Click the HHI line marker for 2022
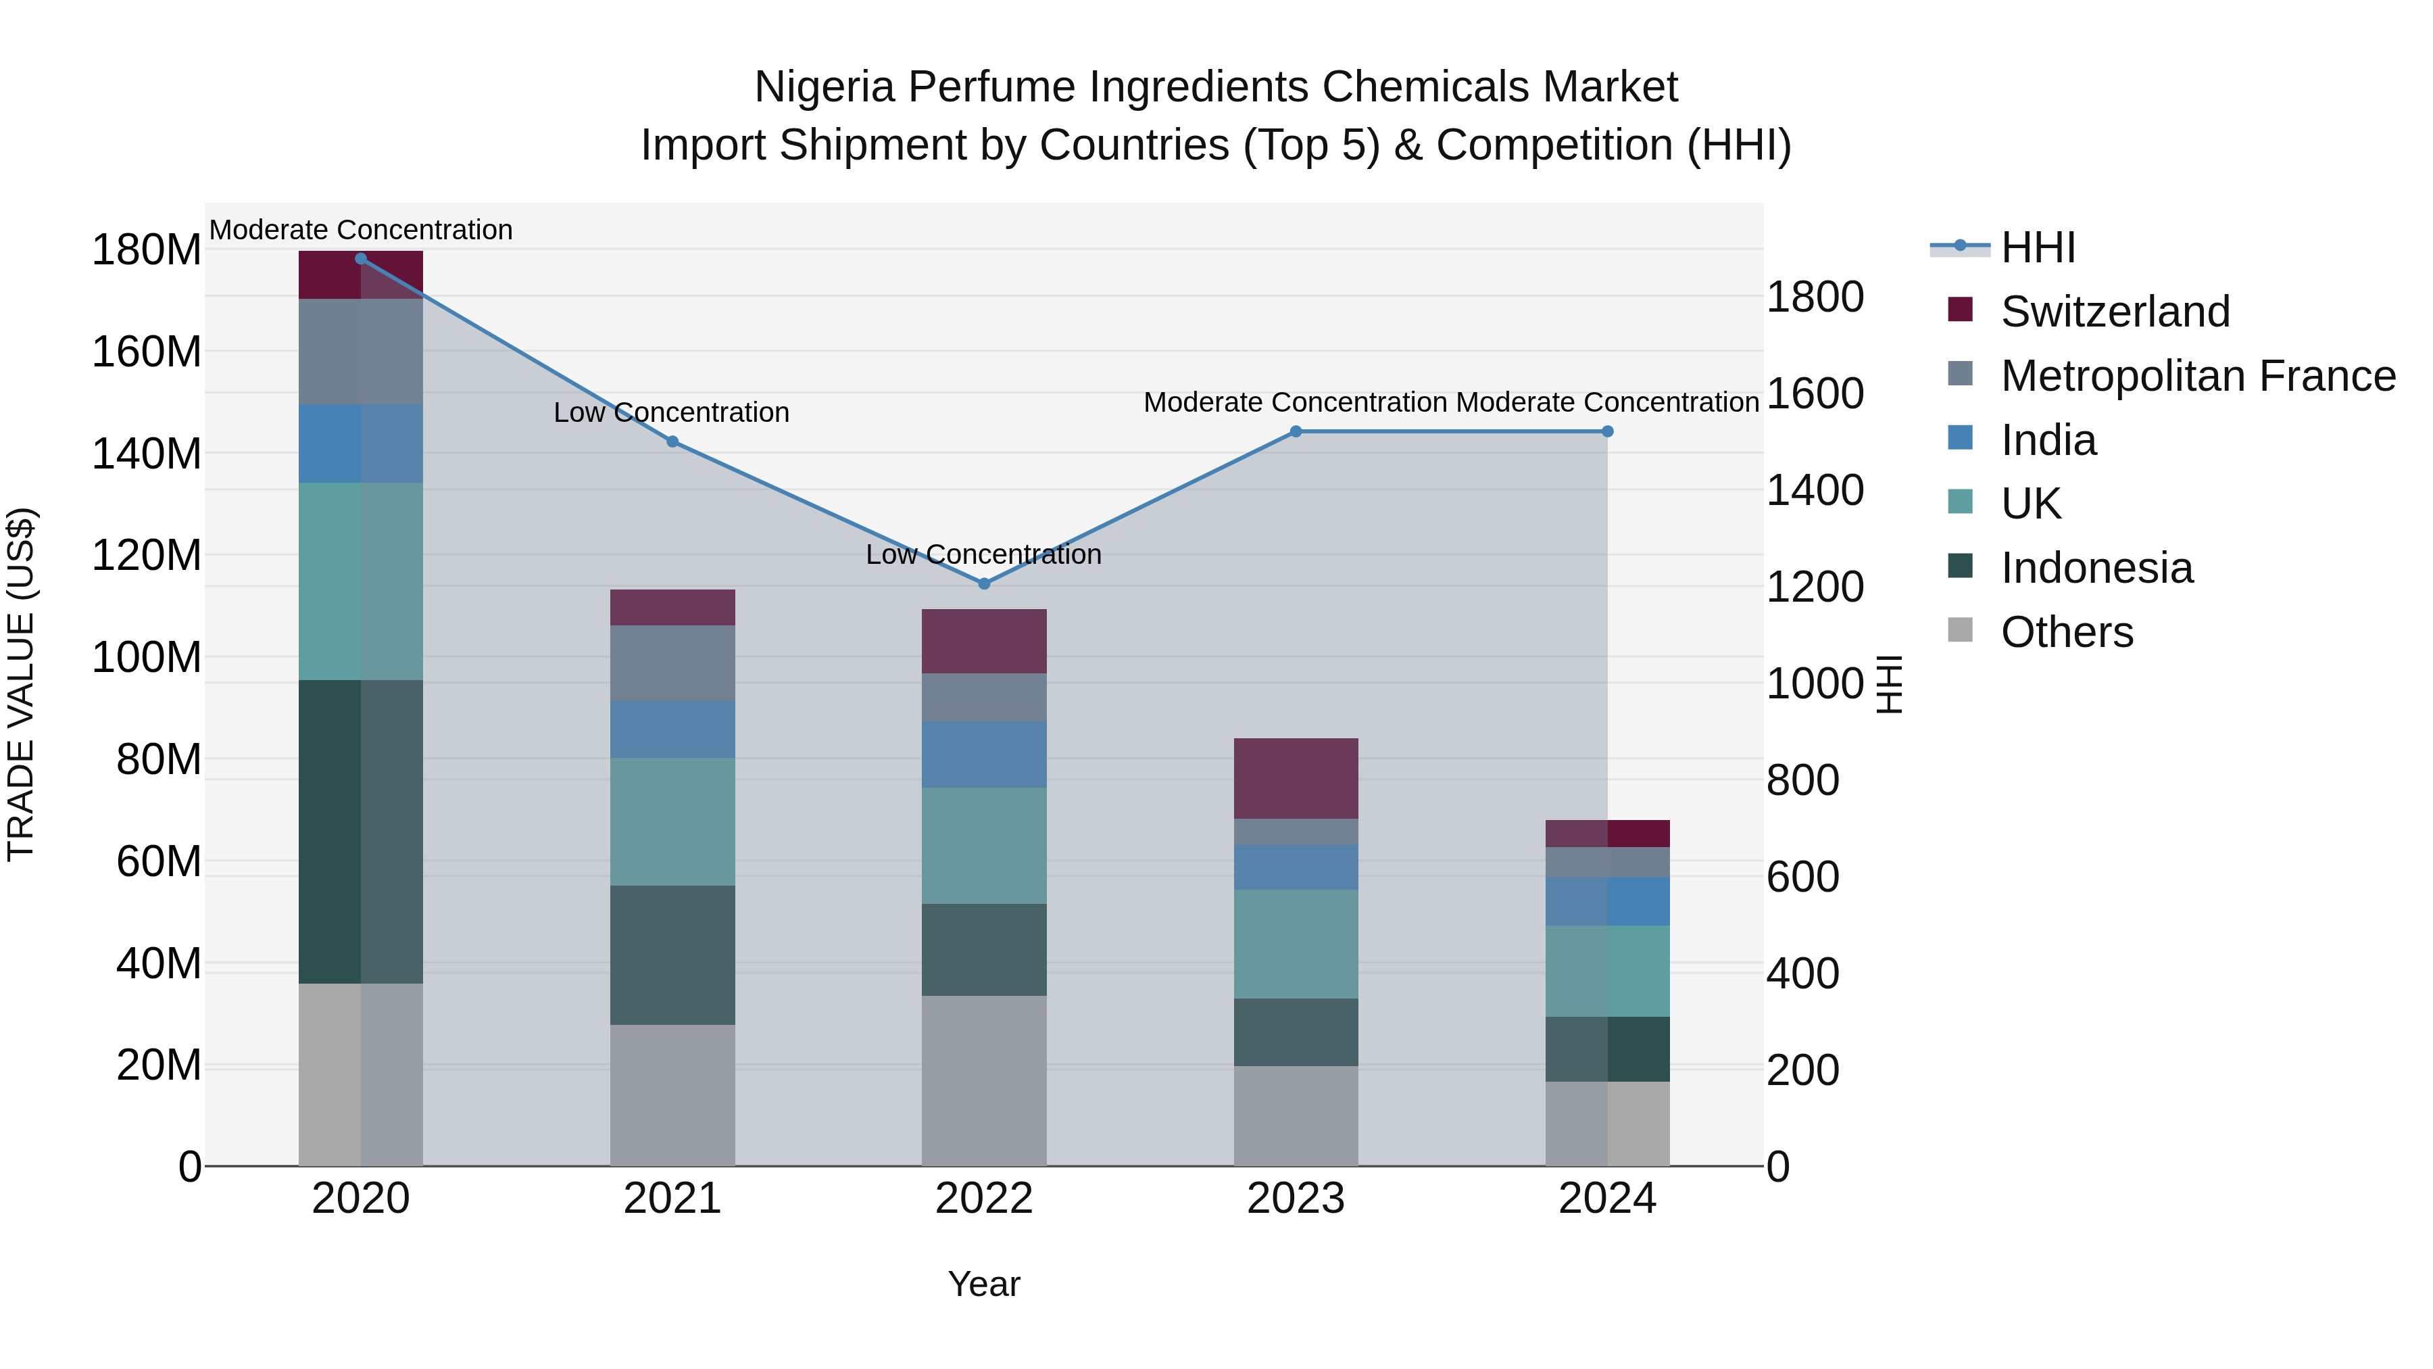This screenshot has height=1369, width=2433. pos(983,584)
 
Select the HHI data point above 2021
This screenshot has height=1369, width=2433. pos(672,441)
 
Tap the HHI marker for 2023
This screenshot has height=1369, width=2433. pos(1296,432)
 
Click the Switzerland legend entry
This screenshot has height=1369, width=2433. pos(2115,312)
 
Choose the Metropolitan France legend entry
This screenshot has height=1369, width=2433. pos(2198,376)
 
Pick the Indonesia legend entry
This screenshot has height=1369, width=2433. pos(2096,568)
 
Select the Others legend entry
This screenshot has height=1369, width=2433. pos(2067,632)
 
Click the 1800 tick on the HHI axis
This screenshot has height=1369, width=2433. pos(1815,297)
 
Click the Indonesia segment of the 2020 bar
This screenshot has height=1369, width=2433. pos(361,832)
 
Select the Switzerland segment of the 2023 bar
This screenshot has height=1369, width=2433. pos(1296,779)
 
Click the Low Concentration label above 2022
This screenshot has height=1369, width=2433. pos(983,554)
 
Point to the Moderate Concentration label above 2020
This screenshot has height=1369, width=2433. pos(361,231)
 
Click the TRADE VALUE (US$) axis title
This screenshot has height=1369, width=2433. pos(22,684)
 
